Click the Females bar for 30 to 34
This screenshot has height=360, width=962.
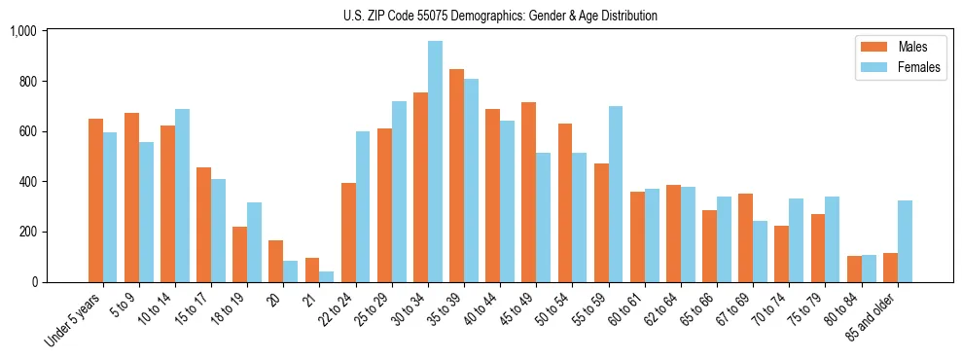coord(435,162)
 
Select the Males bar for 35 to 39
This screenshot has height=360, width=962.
coord(456,176)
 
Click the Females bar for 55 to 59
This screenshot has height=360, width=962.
coord(616,195)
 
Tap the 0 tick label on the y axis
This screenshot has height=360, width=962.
coord(33,282)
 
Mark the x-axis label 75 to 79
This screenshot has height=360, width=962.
coord(807,309)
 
